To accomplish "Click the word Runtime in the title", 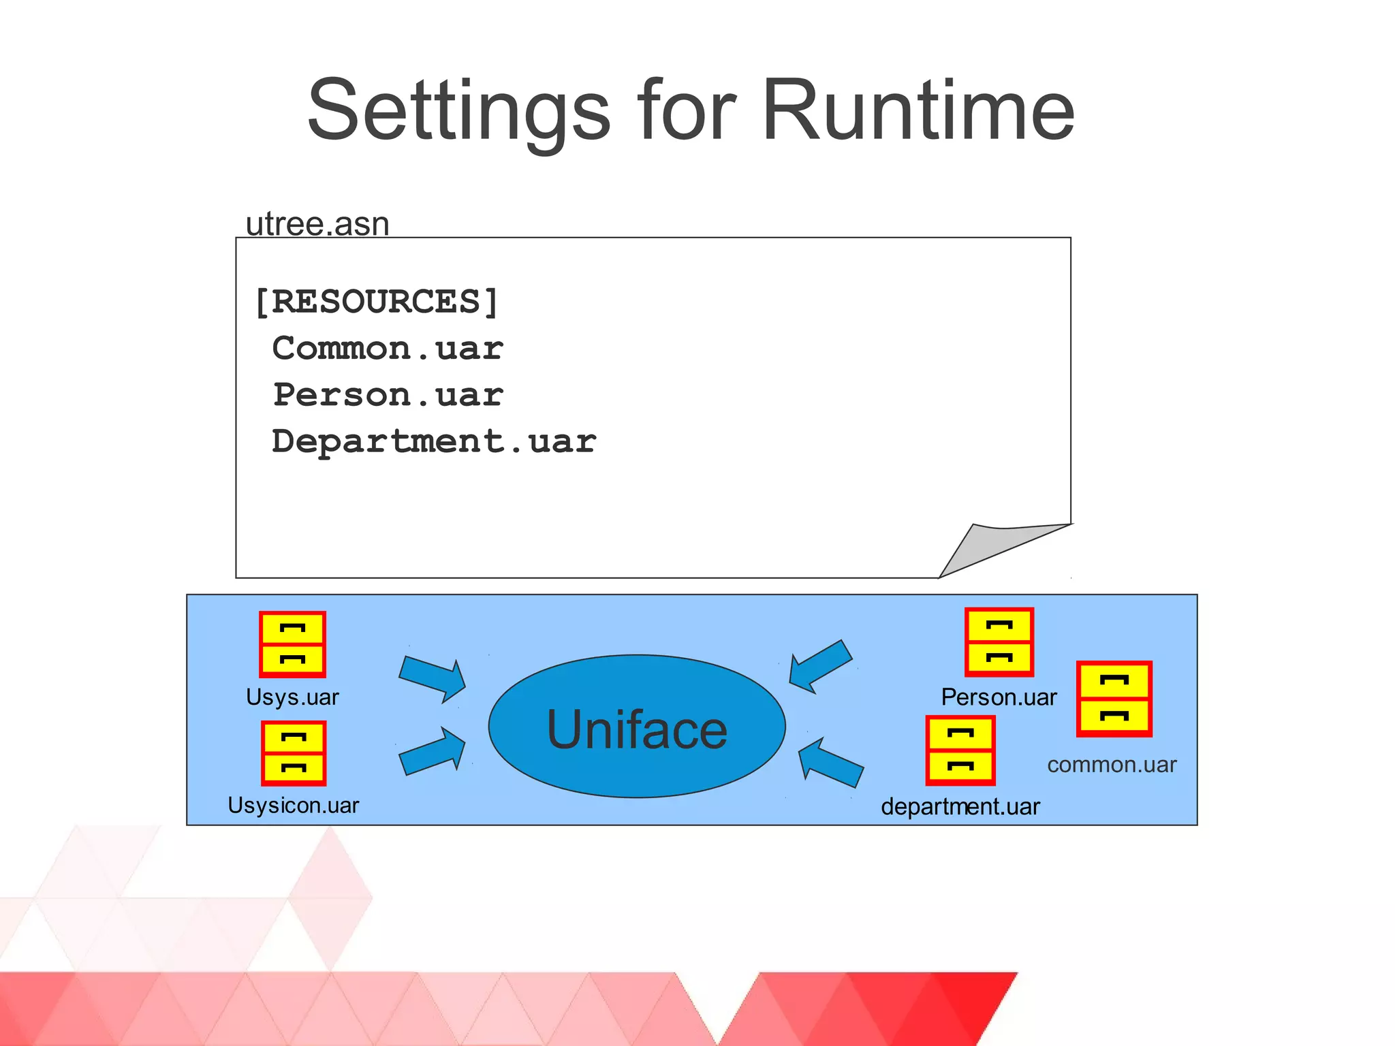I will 918,110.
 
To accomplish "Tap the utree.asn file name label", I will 317,224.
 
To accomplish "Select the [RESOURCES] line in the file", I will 377,302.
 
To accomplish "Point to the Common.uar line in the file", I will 388,349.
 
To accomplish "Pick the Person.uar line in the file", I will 388,395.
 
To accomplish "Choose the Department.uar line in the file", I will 434,441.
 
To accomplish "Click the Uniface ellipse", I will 637,727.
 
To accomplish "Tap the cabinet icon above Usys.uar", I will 293,644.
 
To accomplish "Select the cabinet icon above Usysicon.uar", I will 294,753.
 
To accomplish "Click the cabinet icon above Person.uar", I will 999,641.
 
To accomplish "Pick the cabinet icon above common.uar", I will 1114,699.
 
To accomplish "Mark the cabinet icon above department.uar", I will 960,750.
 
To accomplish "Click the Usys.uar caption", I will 292,697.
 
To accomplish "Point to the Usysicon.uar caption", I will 293,806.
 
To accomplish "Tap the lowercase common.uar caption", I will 1112,765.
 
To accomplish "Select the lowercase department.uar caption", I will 960,807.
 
